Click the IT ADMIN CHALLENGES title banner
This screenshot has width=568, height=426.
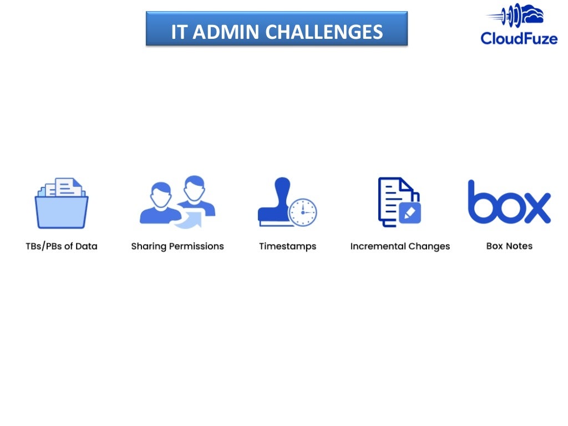[x=276, y=29]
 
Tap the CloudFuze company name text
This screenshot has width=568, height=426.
[x=519, y=38]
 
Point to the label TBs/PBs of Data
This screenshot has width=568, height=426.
[x=61, y=246]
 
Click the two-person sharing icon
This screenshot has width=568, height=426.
[x=177, y=201]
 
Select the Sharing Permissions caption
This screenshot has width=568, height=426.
[x=177, y=246]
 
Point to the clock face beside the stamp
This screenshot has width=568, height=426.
[x=302, y=212]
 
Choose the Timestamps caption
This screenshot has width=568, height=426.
[x=287, y=246]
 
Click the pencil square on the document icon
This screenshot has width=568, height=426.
[x=410, y=212]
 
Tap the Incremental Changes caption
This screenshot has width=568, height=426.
[x=400, y=246]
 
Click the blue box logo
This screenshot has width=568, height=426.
[x=509, y=202]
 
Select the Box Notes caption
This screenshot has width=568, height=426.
[x=509, y=246]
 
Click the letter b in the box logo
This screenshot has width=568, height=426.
[x=480, y=202]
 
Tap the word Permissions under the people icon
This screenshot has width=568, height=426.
[x=197, y=246]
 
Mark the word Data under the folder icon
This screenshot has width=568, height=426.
[x=86, y=246]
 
